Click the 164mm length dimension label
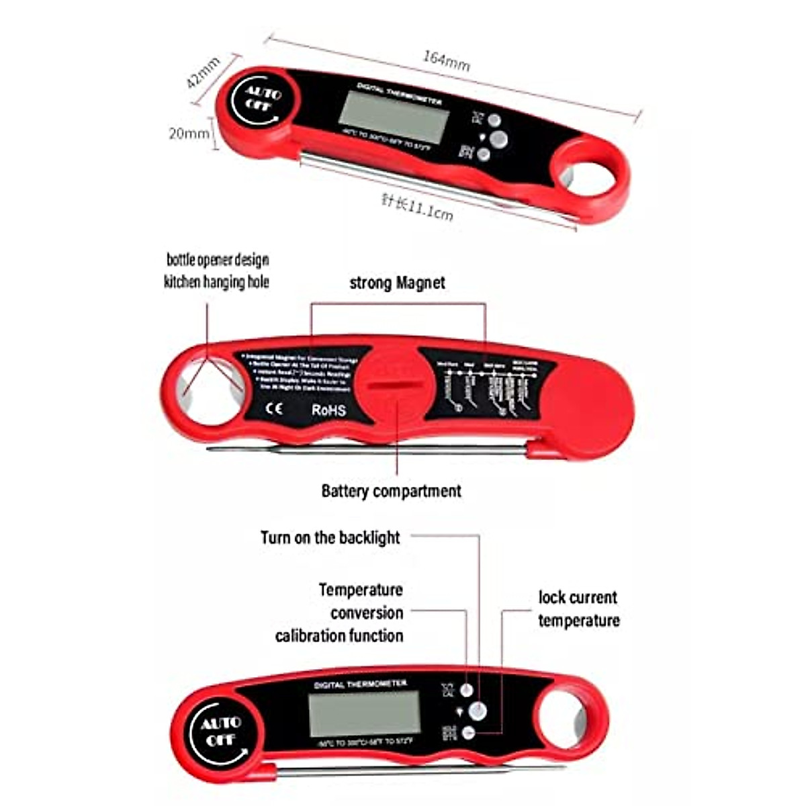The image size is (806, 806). (x=446, y=61)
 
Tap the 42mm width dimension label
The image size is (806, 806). (x=204, y=73)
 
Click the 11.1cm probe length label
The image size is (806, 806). (x=417, y=206)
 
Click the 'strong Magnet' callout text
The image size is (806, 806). (x=397, y=283)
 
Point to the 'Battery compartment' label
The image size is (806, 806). (x=391, y=491)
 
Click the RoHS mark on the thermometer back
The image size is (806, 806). (x=328, y=409)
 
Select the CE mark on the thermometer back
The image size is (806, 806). (x=274, y=408)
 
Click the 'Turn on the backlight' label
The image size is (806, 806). (x=330, y=537)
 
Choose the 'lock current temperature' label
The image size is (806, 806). (x=578, y=609)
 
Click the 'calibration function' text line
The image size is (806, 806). (x=339, y=635)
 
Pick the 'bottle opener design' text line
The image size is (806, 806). (x=218, y=260)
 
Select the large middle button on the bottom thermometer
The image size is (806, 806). (x=478, y=711)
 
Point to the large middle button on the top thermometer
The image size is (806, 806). (x=499, y=139)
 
